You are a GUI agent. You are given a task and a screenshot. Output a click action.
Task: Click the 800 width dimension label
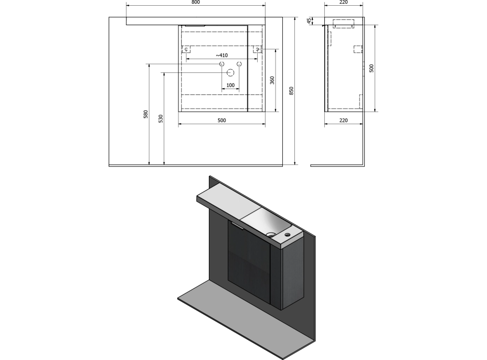[196, 2]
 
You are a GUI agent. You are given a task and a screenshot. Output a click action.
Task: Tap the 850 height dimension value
[291, 91]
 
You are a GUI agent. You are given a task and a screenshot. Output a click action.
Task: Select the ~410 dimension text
[222, 55]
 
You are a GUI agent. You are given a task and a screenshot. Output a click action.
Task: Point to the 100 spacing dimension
[230, 85]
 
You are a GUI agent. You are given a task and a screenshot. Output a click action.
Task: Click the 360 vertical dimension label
[272, 80]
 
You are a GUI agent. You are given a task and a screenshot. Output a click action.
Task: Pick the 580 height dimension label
[146, 114]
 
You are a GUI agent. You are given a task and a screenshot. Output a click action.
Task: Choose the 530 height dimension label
[161, 119]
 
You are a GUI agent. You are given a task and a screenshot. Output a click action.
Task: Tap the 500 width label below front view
[222, 120]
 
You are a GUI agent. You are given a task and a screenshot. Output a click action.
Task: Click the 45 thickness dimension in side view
[309, 21]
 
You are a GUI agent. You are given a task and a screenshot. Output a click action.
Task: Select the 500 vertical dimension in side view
[372, 68]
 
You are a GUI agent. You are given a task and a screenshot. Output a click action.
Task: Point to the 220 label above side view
[344, 2]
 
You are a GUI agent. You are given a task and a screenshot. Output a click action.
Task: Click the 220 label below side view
[344, 120]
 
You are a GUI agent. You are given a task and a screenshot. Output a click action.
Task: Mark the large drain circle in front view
[230, 73]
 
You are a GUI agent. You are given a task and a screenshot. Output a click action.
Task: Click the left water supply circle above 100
[222, 64]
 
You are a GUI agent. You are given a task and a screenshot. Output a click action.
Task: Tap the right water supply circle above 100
[239, 64]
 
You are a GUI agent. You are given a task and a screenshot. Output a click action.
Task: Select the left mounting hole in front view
[186, 49]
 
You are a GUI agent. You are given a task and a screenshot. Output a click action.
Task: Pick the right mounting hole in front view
[257, 49]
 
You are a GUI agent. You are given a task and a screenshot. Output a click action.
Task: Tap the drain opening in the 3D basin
[271, 235]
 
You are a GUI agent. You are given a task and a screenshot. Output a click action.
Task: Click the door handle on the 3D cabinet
[236, 225]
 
